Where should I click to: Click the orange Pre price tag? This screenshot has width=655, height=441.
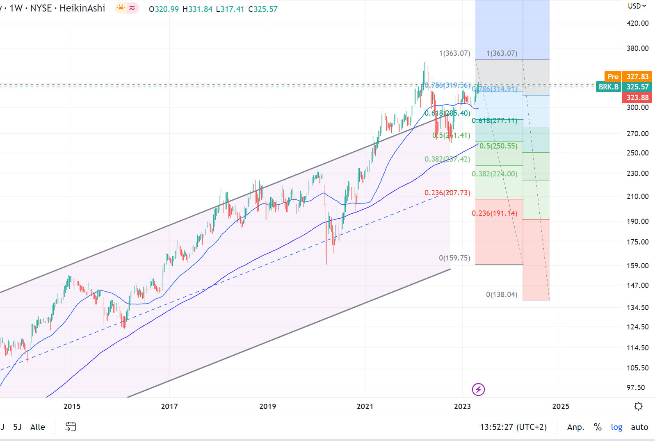coord(613,77)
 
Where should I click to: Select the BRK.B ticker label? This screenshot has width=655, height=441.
coord(608,87)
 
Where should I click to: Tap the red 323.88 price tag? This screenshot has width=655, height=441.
coord(637,98)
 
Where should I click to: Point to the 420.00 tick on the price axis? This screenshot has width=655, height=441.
coord(637,23)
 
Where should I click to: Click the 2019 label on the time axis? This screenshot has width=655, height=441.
coord(267,407)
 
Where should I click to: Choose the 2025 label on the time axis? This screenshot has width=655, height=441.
coord(560,407)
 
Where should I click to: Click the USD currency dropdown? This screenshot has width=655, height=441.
coord(637,6)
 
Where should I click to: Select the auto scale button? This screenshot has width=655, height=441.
coord(639,427)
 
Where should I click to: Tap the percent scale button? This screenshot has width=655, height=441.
coord(598,427)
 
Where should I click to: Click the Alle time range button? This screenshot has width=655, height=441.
coord(38,427)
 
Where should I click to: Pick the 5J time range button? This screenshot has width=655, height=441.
coord(17,427)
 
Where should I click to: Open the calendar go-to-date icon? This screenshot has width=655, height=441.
coord(71,427)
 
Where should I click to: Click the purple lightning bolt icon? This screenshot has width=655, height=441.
coord(478,389)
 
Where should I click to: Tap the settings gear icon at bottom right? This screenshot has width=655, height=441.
coord(638,406)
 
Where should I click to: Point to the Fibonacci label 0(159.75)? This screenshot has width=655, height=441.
coord(454,258)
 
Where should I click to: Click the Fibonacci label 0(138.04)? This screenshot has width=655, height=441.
coord(502,295)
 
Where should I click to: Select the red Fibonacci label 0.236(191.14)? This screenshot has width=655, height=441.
coord(494,213)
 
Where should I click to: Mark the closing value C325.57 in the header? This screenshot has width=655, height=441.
coord(263,9)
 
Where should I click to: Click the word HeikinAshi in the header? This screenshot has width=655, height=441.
coord(82,8)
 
